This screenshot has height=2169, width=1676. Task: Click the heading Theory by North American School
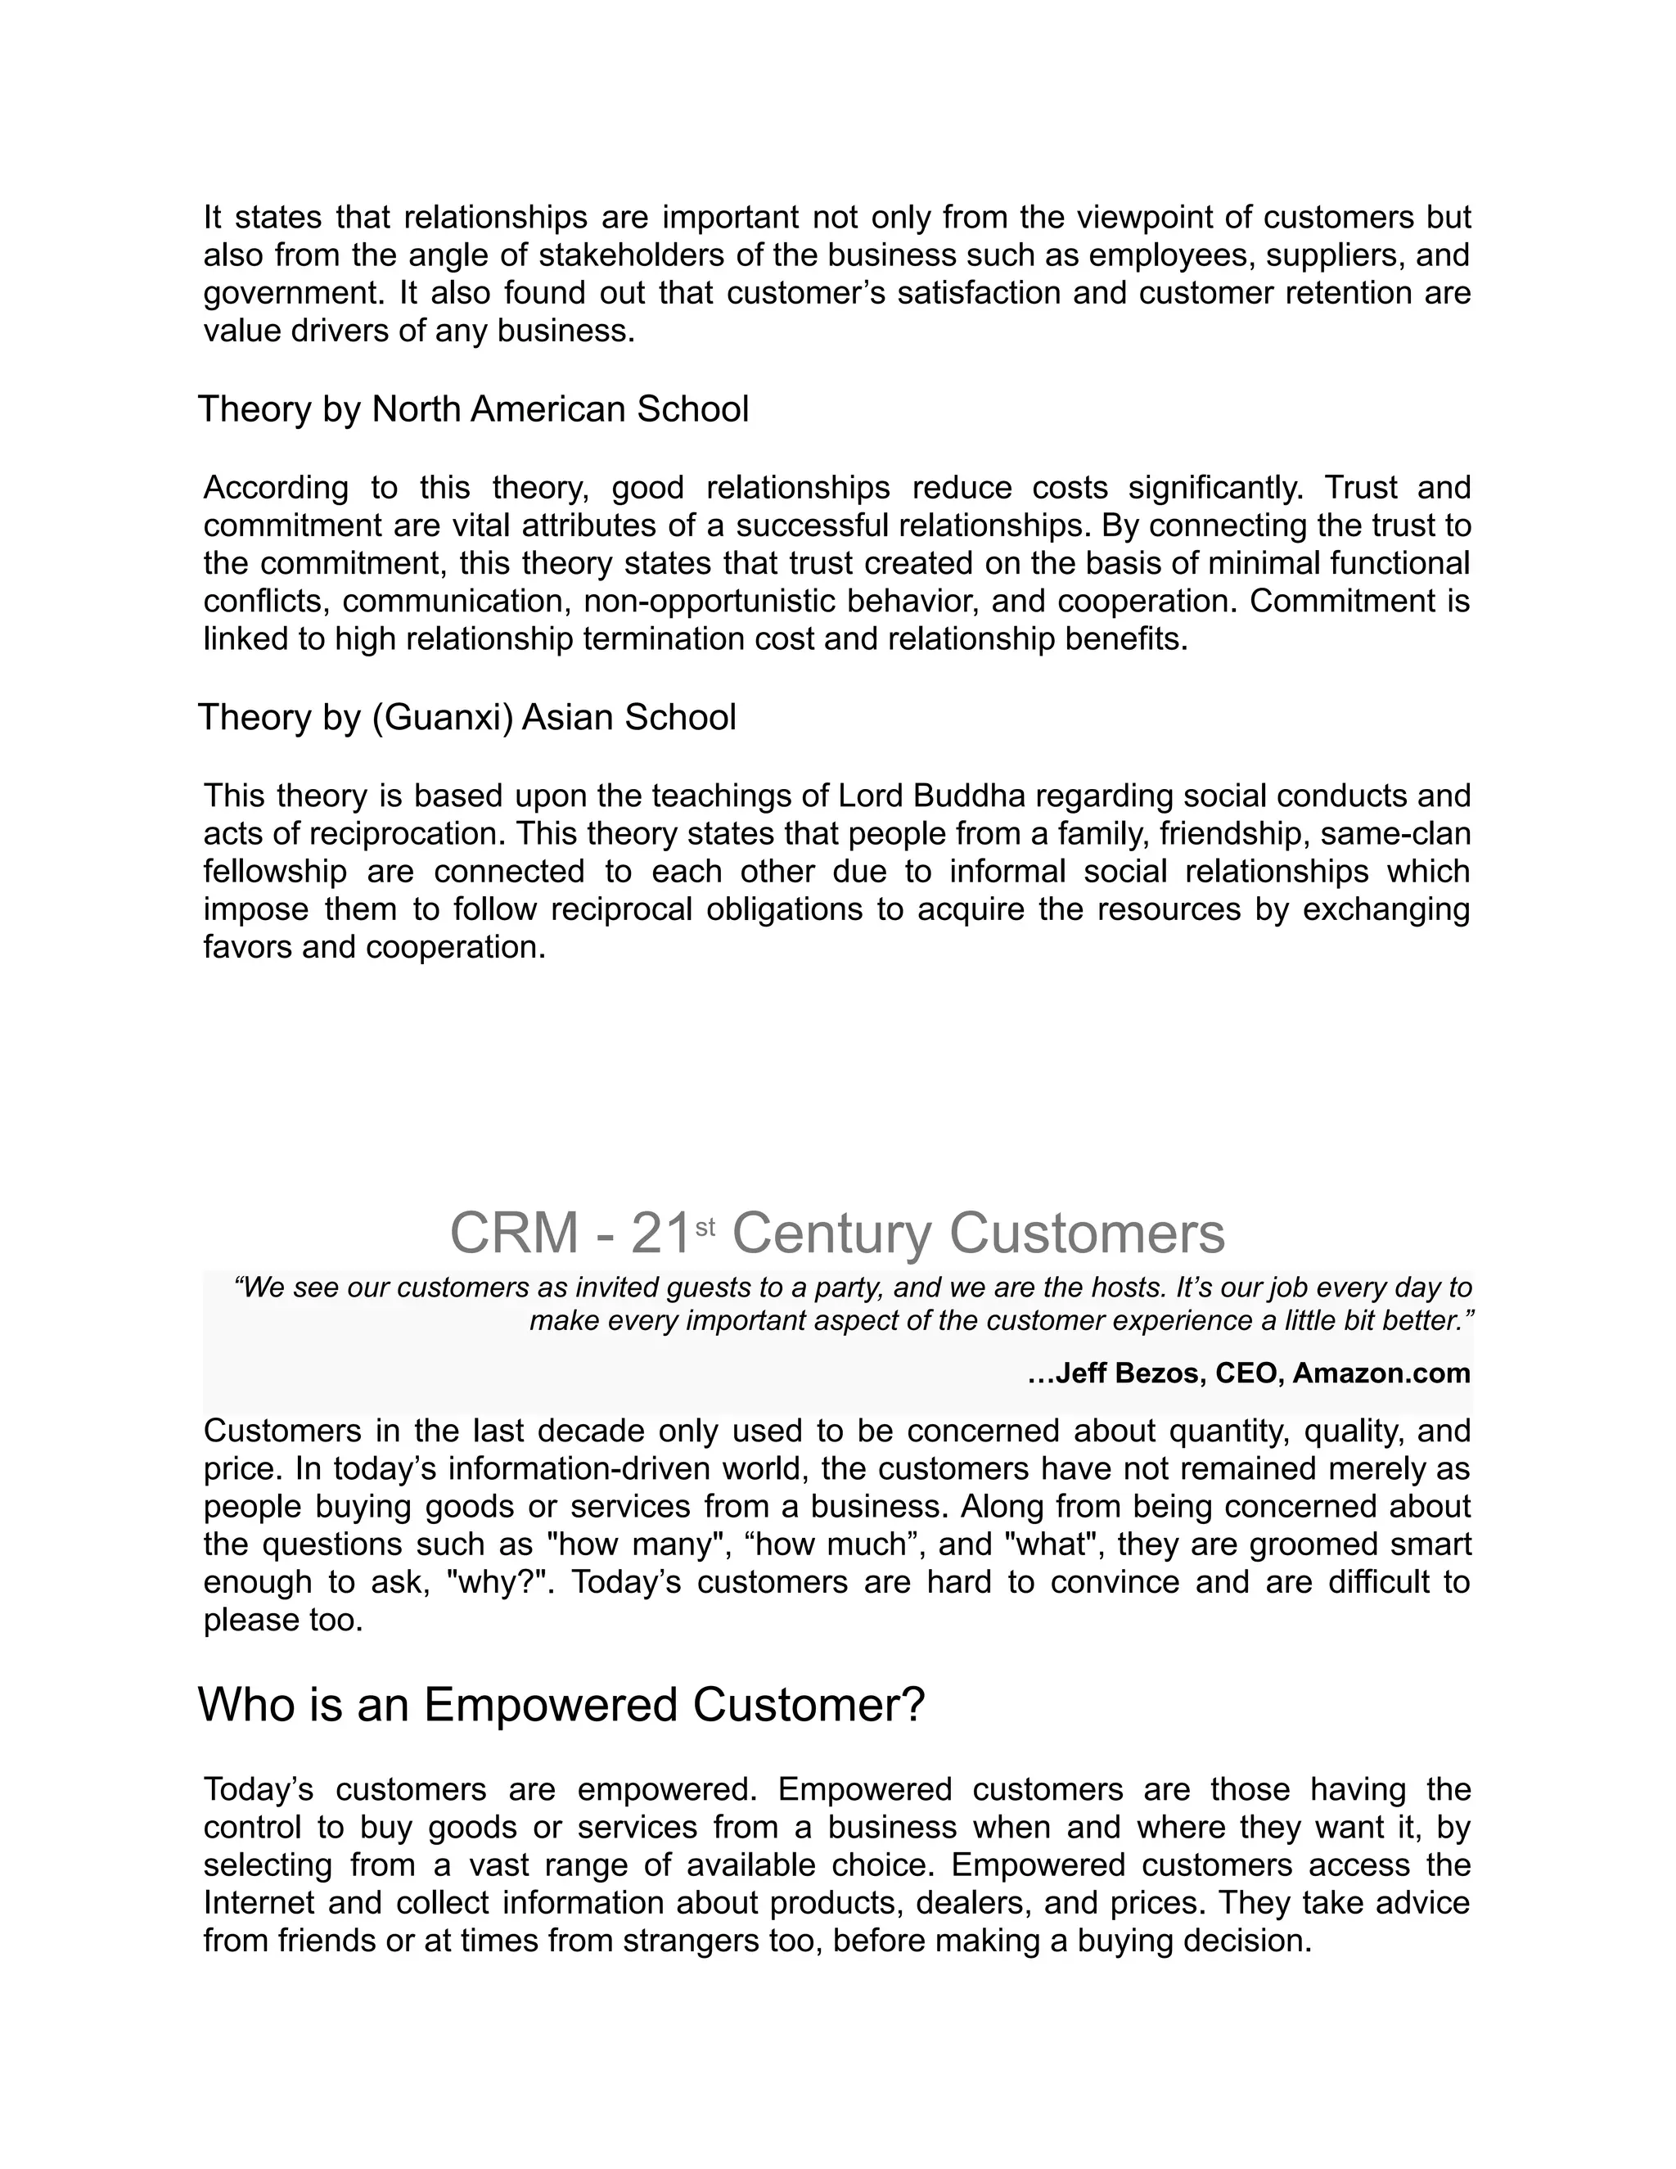[474, 409]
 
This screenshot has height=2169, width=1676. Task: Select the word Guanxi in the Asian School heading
[442, 717]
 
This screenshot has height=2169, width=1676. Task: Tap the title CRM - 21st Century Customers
[837, 1233]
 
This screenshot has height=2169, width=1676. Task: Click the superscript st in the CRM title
[705, 1228]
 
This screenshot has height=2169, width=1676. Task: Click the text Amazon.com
[1381, 1373]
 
